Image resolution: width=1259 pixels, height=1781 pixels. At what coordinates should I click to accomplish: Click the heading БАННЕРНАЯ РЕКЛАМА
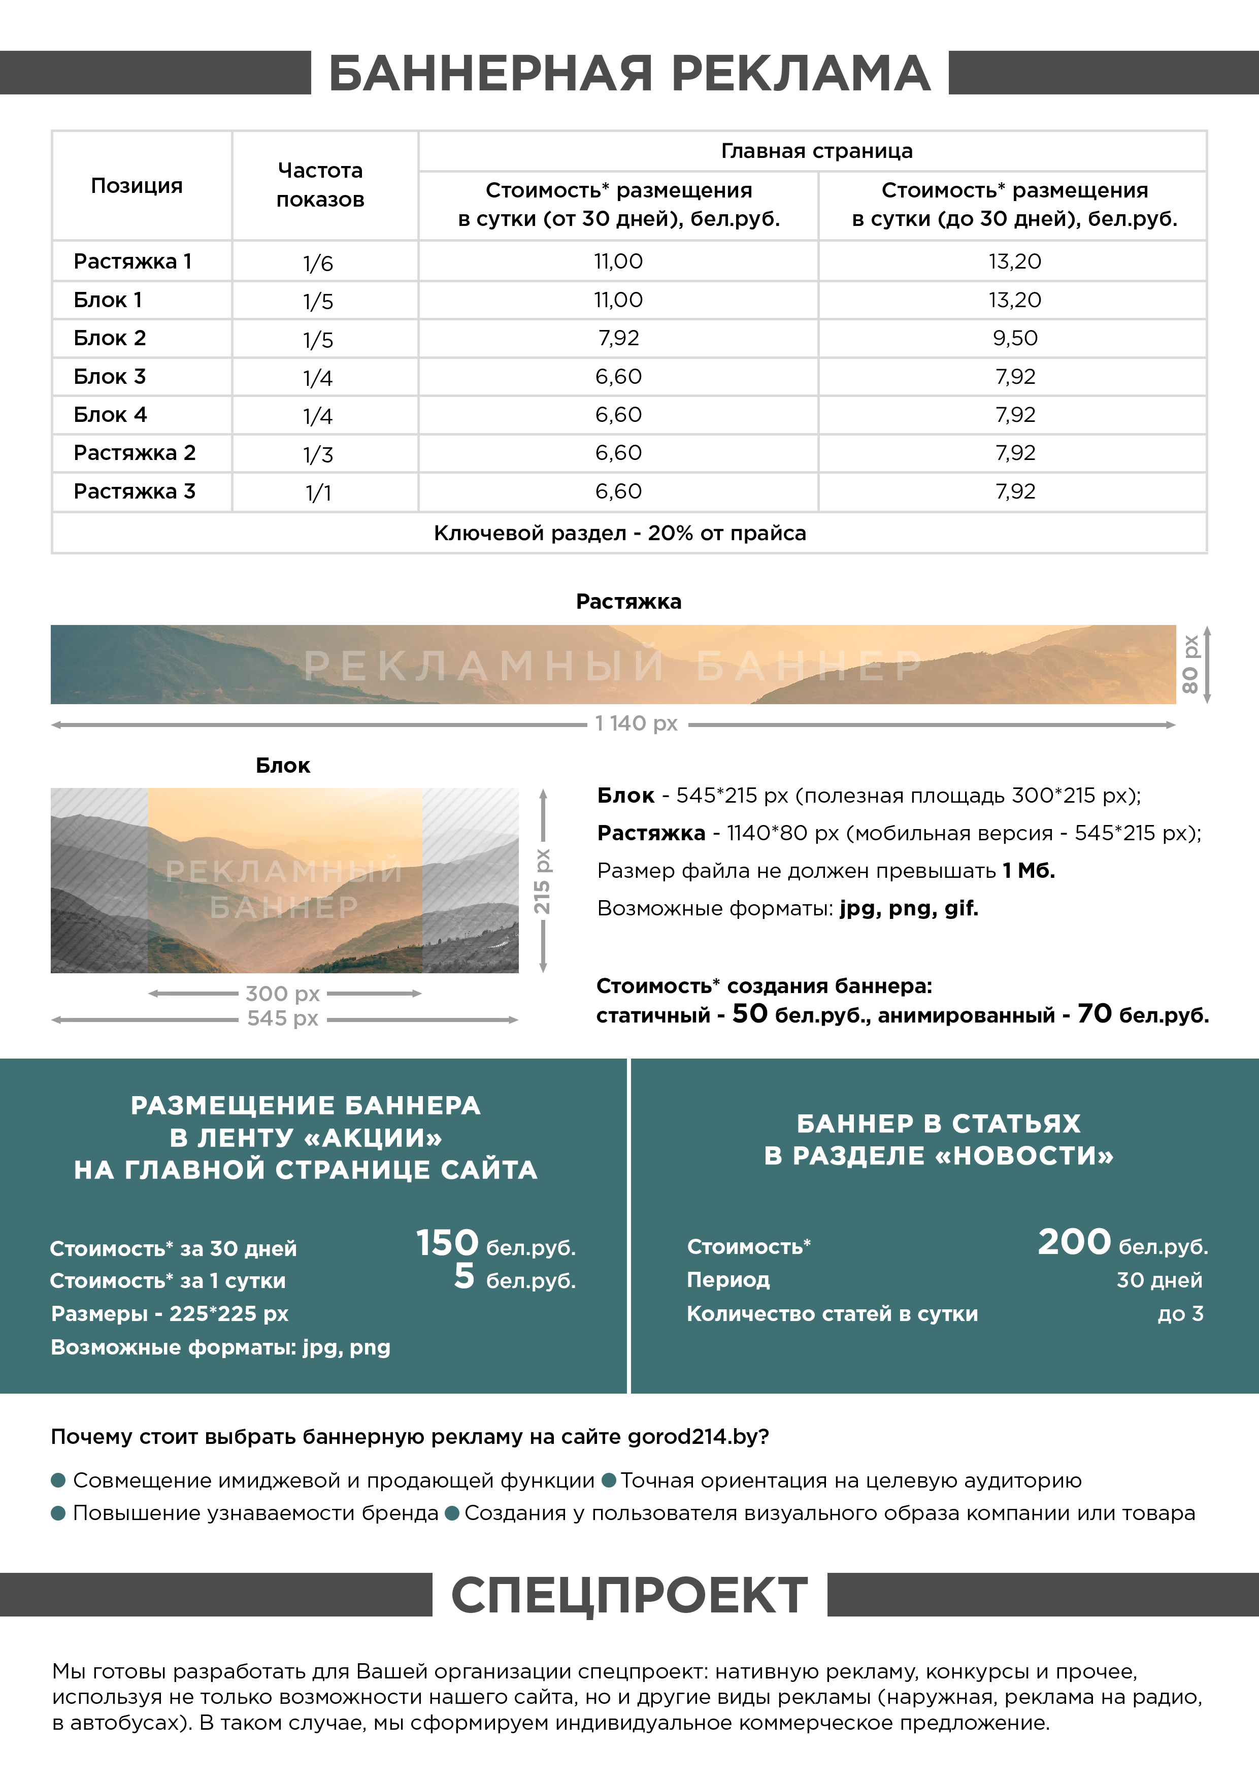coord(629,74)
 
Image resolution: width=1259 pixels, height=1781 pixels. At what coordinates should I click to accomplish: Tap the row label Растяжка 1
coord(132,261)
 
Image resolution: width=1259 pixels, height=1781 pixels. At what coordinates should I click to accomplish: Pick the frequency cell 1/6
coord(318,263)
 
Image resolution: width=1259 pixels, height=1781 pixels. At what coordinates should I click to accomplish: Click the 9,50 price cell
coord(1015,338)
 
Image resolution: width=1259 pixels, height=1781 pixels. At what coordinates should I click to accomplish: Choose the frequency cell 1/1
coord(318,492)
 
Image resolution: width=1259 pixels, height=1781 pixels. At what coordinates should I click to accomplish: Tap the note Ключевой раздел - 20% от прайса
coord(620,533)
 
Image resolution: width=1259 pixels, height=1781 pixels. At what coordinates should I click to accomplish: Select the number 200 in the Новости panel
coord(1074,1241)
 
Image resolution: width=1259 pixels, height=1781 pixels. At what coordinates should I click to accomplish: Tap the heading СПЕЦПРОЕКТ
coord(629,1596)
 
